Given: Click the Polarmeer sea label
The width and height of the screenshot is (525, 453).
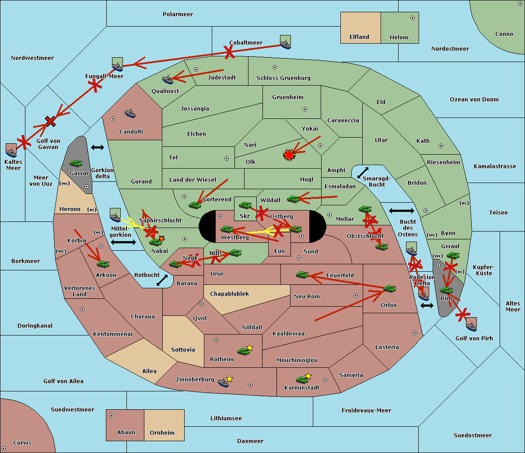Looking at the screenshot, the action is [x=178, y=14].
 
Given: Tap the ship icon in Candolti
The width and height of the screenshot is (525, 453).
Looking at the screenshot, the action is [x=130, y=114].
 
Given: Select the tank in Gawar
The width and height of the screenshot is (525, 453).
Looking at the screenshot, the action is [x=76, y=163].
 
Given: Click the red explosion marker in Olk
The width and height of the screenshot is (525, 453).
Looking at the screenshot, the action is [x=289, y=155].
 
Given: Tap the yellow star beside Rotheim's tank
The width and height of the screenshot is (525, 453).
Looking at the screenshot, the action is [x=249, y=347].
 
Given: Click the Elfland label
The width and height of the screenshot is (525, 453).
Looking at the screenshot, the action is [x=359, y=37].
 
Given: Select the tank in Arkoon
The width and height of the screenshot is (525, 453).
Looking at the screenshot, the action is [x=103, y=264].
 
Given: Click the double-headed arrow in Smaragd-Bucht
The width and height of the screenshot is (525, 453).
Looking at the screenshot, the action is [x=363, y=173].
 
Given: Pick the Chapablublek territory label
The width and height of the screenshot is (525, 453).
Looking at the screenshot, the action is [x=229, y=294].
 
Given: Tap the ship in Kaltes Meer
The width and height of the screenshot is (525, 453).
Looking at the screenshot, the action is [x=11, y=153].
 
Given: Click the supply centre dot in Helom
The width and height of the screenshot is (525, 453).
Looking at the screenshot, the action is [x=413, y=18].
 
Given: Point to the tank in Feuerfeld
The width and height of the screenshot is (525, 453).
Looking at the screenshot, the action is [x=302, y=275].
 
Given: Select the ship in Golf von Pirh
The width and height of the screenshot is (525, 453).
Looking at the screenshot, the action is [x=472, y=327].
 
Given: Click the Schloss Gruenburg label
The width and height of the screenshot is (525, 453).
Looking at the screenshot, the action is [x=283, y=78].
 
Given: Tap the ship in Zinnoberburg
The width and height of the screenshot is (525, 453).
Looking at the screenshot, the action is [x=223, y=383].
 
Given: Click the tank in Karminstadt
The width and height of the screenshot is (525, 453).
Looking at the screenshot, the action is [x=302, y=380].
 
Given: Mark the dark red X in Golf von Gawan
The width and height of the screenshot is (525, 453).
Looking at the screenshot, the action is [x=50, y=121].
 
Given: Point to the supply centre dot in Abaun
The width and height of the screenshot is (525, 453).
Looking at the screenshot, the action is [x=112, y=416].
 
